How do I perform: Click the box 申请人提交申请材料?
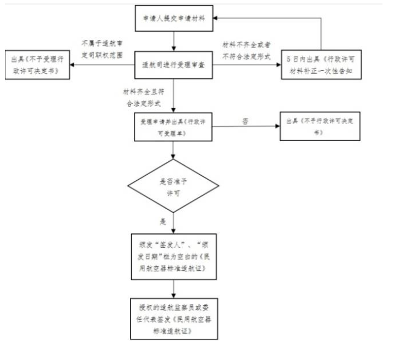175,19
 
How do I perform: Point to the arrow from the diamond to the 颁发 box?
175,220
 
